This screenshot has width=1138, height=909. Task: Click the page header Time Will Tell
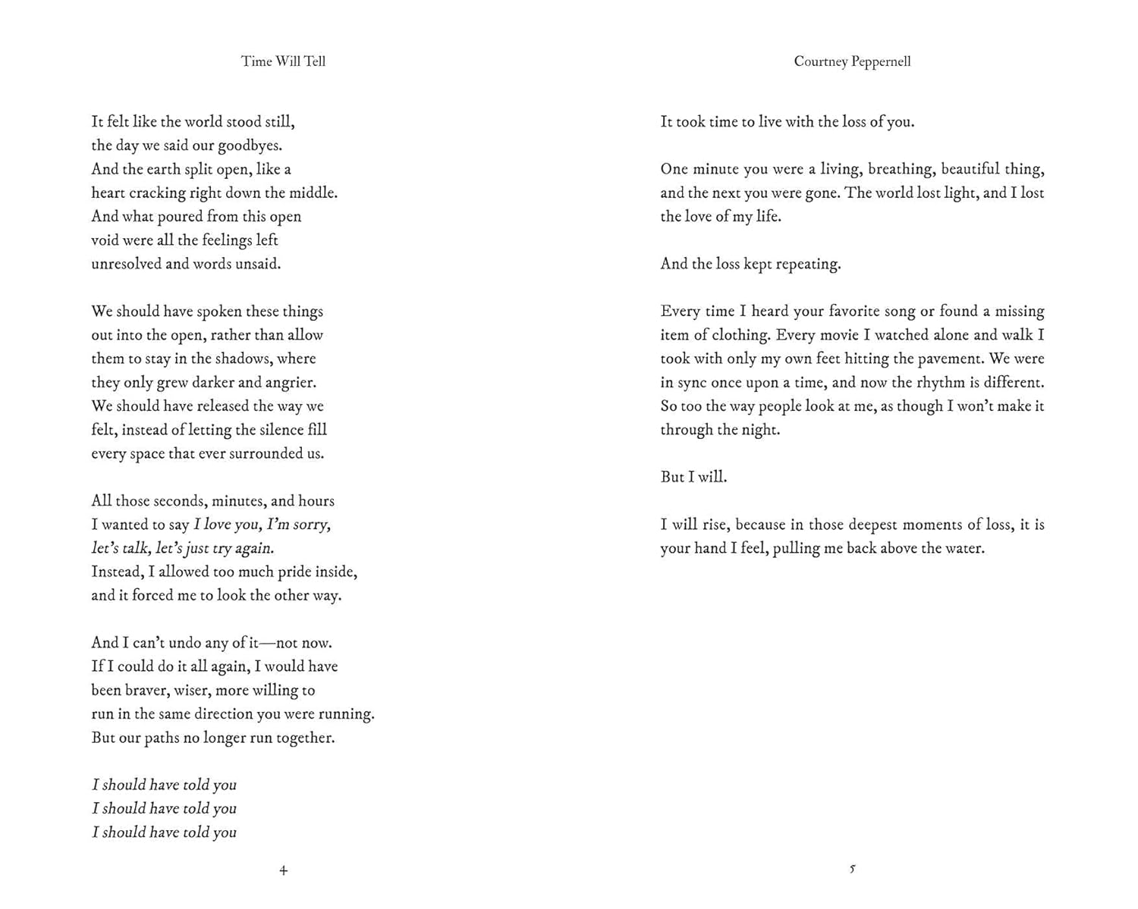(283, 61)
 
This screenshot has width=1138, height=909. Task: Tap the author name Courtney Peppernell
(852, 61)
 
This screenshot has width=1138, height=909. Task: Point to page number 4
(283, 870)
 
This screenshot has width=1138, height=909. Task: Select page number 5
(852, 869)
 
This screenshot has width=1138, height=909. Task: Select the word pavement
(942, 359)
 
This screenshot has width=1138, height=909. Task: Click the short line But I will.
(693, 477)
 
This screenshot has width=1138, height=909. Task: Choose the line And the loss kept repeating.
(750, 264)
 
